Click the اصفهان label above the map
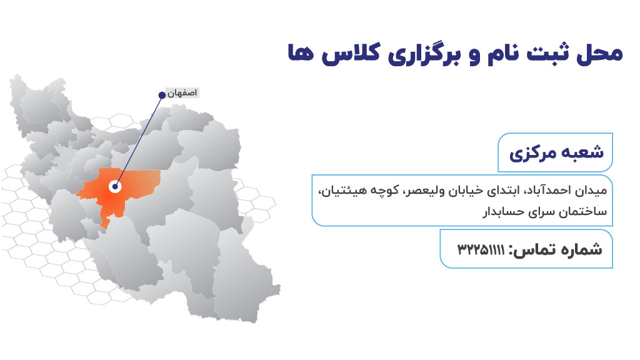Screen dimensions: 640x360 point(182,93)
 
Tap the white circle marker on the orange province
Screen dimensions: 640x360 point(116,186)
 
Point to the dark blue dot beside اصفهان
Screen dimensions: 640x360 point(162,95)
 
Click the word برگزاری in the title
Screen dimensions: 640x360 point(424,54)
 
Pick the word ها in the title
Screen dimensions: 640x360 point(301,54)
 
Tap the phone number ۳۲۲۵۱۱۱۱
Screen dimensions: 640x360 point(481,249)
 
